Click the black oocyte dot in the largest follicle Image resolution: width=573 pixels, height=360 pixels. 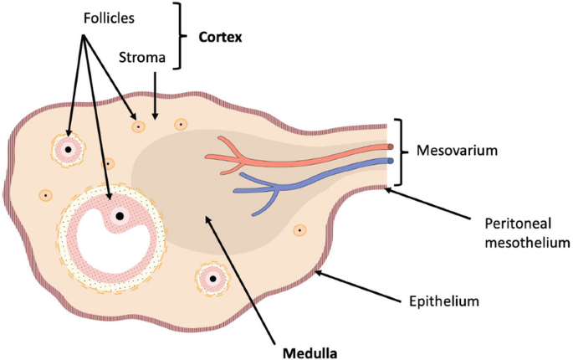(120, 216)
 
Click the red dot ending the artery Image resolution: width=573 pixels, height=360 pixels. (390, 147)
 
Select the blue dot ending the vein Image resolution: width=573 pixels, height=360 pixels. (390, 160)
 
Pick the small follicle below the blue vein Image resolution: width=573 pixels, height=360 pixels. (299, 229)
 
